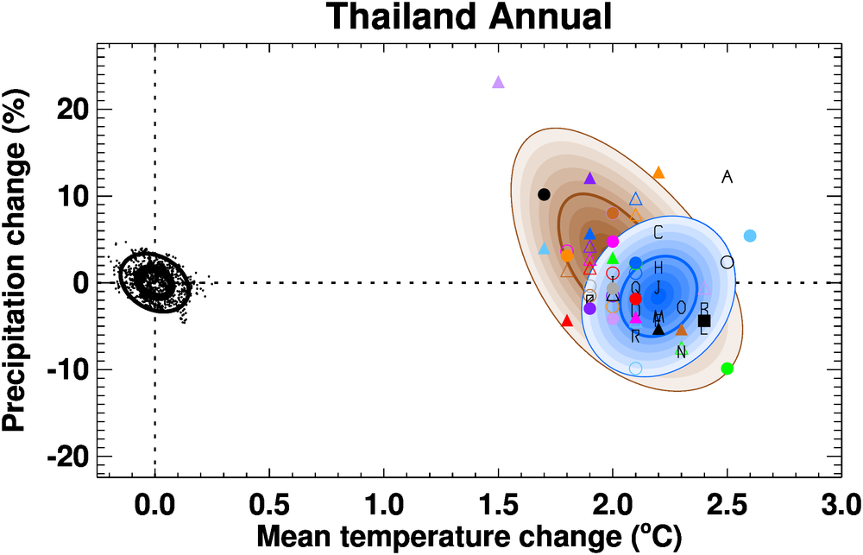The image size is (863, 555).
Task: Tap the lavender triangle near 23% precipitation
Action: click(498, 83)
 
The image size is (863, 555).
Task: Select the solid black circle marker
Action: click(544, 194)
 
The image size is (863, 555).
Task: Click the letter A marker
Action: click(727, 177)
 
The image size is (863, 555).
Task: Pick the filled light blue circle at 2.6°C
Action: click(750, 236)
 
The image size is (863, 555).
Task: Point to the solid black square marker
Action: click(704, 320)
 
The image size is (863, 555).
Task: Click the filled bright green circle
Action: click(727, 369)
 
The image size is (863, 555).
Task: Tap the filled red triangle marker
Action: click(567, 321)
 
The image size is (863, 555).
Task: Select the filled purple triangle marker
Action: click(590, 179)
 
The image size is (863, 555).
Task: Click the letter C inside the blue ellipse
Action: click(658, 232)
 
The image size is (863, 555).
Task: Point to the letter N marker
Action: click(681, 352)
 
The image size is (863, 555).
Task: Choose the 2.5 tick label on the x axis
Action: click(727, 501)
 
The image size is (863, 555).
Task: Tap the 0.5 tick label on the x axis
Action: click(268, 501)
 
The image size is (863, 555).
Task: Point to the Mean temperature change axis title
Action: click(466, 536)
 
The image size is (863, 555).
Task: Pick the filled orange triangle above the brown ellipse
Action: click(658, 173)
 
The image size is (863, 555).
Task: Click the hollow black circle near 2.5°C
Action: click(727, 262)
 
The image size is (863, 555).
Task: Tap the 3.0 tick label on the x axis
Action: click(840, 501)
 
